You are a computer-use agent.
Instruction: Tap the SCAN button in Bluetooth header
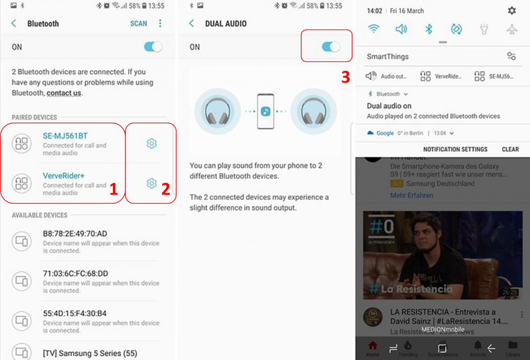tap(138, 24)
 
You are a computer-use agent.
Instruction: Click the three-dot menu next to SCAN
tap(160, 24)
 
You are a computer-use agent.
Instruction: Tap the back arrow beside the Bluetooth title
tap(14, 24)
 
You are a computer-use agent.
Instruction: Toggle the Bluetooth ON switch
tap(153, 47)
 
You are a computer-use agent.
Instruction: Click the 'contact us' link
tap(64, 93)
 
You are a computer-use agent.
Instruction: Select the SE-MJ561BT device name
tap(65, 136)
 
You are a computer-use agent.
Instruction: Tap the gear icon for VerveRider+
tap(151, 183)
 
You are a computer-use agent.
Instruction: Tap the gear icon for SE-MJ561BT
tap(151, 143)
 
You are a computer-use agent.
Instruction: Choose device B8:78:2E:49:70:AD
tap(75, 234)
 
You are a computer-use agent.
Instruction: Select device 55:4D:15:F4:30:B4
tap(75, 313)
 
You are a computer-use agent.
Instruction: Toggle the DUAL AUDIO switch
tap(331, 47)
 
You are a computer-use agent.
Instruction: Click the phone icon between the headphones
tap(266, 111)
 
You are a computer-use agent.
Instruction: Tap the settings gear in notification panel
tap(511, 11)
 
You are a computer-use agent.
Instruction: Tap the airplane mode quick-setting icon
tap(511, 29)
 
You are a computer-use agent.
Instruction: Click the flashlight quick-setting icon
tap(484, 29)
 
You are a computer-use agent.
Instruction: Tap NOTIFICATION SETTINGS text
tap(455, 149)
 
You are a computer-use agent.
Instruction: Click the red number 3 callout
tap(346, 77)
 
